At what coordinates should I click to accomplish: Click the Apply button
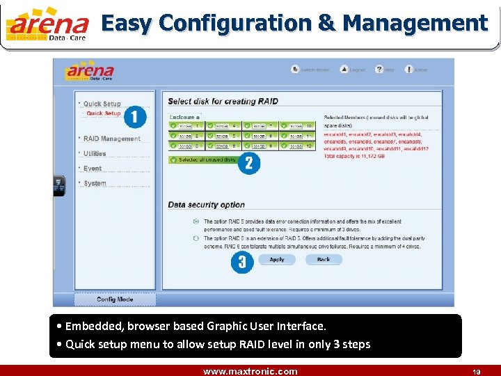[x=276, y=260]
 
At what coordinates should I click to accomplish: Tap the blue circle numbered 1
[x=135, y=116]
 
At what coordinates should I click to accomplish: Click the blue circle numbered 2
[x=248, y=163]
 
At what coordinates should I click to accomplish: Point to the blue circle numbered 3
[x=242, y=262]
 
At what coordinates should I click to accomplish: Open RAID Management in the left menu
[x=111, y=139]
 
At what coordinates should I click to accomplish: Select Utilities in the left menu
[x=95, y=154]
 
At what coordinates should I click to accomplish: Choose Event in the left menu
[x=93, y=169]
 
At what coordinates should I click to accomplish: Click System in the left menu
[x=95, y=183]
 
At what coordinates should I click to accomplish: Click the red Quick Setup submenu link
[x=103, y=113]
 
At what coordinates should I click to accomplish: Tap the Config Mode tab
[x=116, y=299]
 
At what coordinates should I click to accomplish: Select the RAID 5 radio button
[x=195, y=221]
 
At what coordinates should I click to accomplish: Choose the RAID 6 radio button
[x=195, y=237]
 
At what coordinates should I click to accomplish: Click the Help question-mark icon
[x=379, y=70]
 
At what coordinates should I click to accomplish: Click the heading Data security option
[x=206, y=205]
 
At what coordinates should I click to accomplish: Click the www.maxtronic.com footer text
[x=250, y=371]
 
